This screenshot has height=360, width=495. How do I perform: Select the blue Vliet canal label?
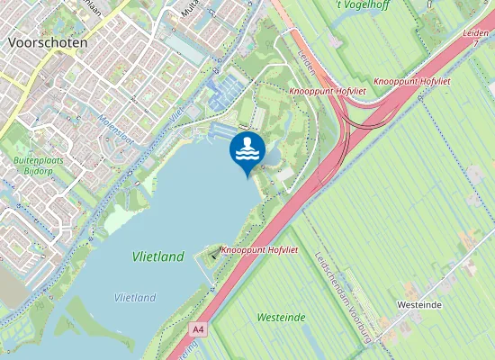pos(177,111)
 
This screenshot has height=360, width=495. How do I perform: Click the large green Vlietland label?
pos(157,256)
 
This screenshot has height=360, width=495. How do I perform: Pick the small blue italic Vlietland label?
pos(135,297)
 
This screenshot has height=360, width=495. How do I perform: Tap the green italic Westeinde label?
pos(281,317)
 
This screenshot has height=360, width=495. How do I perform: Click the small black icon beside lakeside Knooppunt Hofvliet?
pos(213,254)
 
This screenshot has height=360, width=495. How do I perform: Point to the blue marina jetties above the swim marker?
pos(222,90)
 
